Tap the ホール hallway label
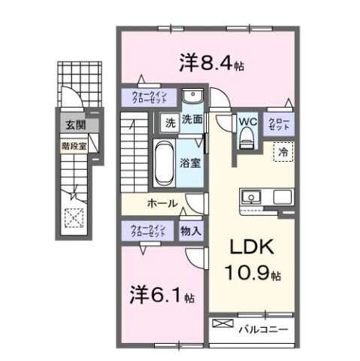tap(162, 204)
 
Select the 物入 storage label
tap(190, 232)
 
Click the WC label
tap(248, 120)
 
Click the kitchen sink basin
tap(250, 198)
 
